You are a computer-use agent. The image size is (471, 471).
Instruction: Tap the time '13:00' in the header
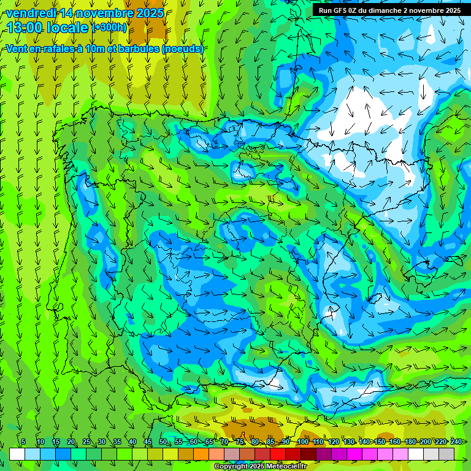(x=27, y=28)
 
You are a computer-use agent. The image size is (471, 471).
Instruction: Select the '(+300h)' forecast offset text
(x=110, y=28)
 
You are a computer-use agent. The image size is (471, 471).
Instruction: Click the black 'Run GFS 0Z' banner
(x=389, y=10)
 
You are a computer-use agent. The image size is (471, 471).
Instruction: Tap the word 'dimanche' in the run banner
(x=385, y=10)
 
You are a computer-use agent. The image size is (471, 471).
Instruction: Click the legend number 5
(x=23, y=442)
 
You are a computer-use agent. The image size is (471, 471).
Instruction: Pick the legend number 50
(x=163, y=442)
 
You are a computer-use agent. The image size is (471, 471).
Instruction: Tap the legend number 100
(x=302, y=442)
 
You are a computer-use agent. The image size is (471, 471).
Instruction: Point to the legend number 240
(x=456, y=442)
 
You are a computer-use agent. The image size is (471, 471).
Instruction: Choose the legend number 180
(x=410, y=442)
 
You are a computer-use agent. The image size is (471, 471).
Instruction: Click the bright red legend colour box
(x=278, y=454)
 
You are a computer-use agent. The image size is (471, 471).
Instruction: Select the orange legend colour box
(x=201, y=454)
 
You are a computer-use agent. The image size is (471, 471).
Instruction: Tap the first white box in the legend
(x=17, y=454)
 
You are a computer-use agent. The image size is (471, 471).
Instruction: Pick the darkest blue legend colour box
(x=63, y=454)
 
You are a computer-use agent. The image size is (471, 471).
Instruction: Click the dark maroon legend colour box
(x=308, y=454)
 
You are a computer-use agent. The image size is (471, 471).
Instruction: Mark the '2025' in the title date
(x=150, y=13)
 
